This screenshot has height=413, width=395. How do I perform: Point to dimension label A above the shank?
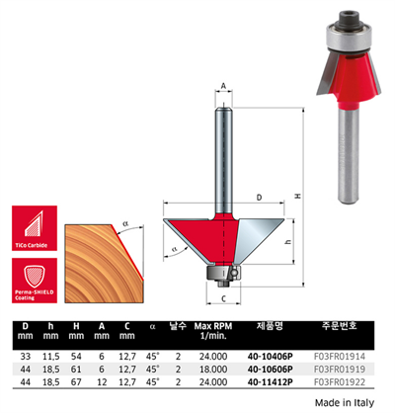[x=225, y=88]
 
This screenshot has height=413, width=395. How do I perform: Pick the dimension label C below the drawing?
[x=225, y=295]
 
